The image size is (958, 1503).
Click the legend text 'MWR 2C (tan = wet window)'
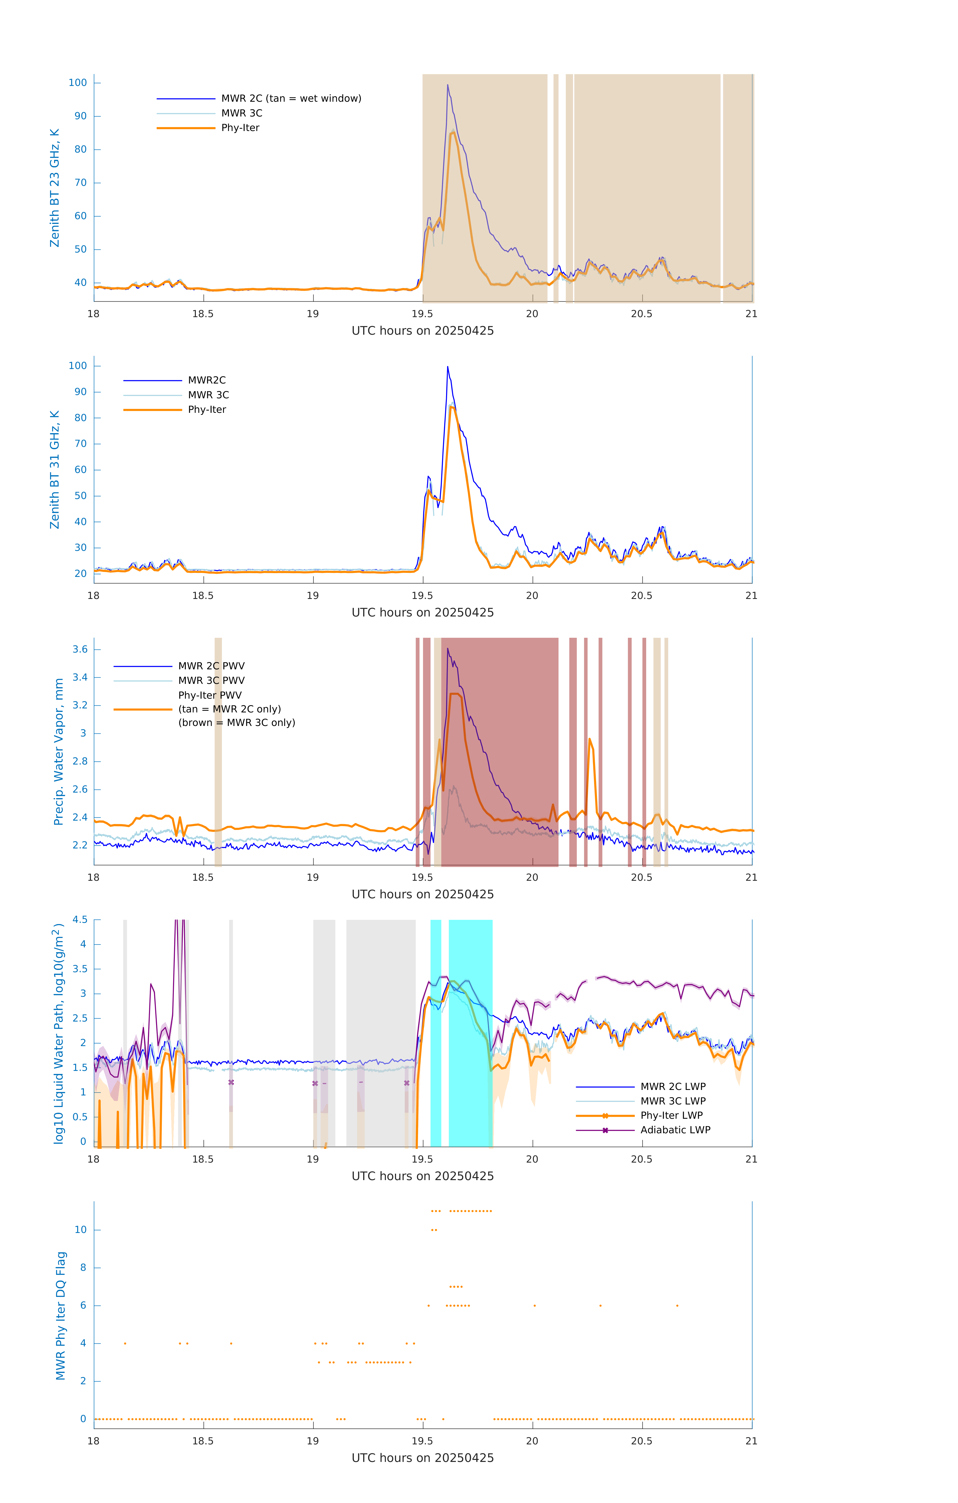pyautogui.click(x=291, y=99)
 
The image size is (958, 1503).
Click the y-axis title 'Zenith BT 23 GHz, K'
pyautogui.click(x=55, y=188)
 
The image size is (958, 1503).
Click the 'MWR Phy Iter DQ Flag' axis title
pyautogui.click(x=61, y=1315)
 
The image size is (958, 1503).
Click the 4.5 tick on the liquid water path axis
pyautogui.click(x=80, y=919)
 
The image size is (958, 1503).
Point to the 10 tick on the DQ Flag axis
pyautogui.click(x=80, y=1230)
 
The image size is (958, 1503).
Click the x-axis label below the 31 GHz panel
pyautogui.click(x=423, y=612)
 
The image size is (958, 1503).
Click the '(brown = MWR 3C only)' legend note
pyautogui.click(x=236, y=723)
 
